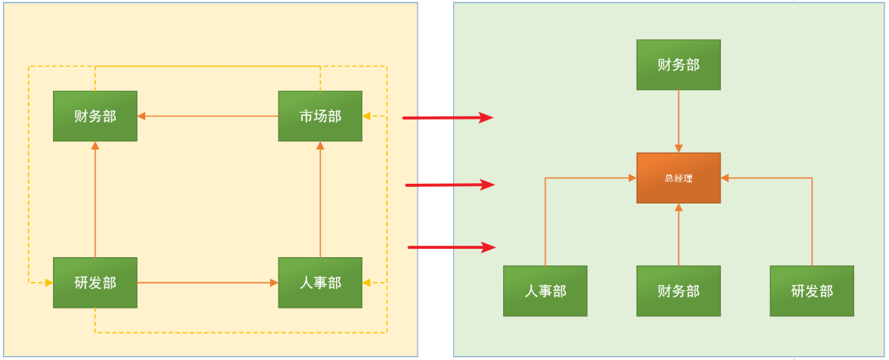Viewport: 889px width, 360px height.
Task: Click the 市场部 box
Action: click(x=320, y=116)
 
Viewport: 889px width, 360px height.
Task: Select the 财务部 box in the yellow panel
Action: click(x=95, y=116)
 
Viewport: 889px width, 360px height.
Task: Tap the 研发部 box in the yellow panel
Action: click(x=95, y=282)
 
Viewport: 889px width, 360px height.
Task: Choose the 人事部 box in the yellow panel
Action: click(x=320, y=282)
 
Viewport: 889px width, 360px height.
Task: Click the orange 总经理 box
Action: click(x=679, y=178)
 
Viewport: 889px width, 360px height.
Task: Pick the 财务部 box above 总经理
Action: click(x=679, y=64)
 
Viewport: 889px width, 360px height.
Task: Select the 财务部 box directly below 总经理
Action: click(x=679, y=290)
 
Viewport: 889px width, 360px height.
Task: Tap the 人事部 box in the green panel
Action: click(x=546, y=290)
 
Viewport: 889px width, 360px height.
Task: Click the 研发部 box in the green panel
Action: click(x=812, y=290)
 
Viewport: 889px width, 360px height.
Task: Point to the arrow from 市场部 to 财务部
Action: click(x=208, y=116)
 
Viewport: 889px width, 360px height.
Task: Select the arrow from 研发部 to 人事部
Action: click(x=208, y=283)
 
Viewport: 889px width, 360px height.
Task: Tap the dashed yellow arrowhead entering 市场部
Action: click(x=368, y=116)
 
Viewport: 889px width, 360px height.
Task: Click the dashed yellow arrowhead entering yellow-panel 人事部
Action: click(x=368, y=283)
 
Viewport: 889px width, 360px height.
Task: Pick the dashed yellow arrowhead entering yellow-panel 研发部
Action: click(x=48, y=283)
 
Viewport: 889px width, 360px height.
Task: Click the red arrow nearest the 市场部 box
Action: click(x=447, y=117)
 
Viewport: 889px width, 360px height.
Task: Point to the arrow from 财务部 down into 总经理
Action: click(x=679, y=121)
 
